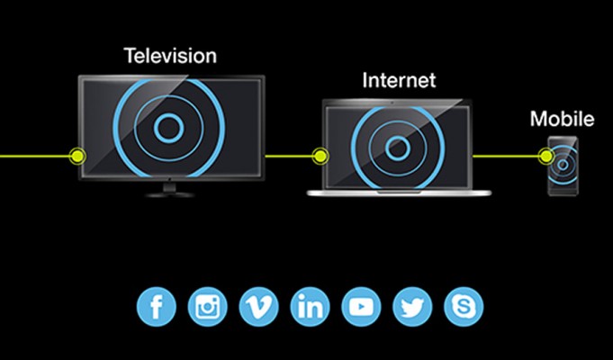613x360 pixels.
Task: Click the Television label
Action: click(x=170, y=56)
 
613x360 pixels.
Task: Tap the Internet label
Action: click(x=399, y=80)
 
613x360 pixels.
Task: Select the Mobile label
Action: click(x=563, y=119)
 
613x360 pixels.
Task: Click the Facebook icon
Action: click(x=157, y=307)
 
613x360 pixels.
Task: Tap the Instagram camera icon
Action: click(x=208, y=307)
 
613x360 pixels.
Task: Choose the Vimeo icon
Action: click(x=259, y=307)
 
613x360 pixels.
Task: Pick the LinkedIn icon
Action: click(x=310, y=307)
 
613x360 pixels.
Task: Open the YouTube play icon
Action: click(x=361, y=307)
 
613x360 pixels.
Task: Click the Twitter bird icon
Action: click(x=412, y=307)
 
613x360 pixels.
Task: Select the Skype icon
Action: click(x=464, y=307)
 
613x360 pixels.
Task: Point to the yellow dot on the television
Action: click(x=77, y=157)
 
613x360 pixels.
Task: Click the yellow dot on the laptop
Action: click(x=320, y=157)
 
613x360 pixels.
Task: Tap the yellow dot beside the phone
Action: click(x=546, y=157)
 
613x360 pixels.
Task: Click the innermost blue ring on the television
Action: click(x=154, y=128)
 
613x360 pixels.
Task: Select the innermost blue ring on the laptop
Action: click(x=385, y=148)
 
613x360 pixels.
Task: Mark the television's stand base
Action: click(x=169, y=194)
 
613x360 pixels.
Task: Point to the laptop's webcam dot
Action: click(x=392, y=103)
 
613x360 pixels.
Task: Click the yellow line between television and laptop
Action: click(x=289, y=157)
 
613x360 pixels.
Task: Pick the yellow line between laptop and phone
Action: click(x=506, y=157)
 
